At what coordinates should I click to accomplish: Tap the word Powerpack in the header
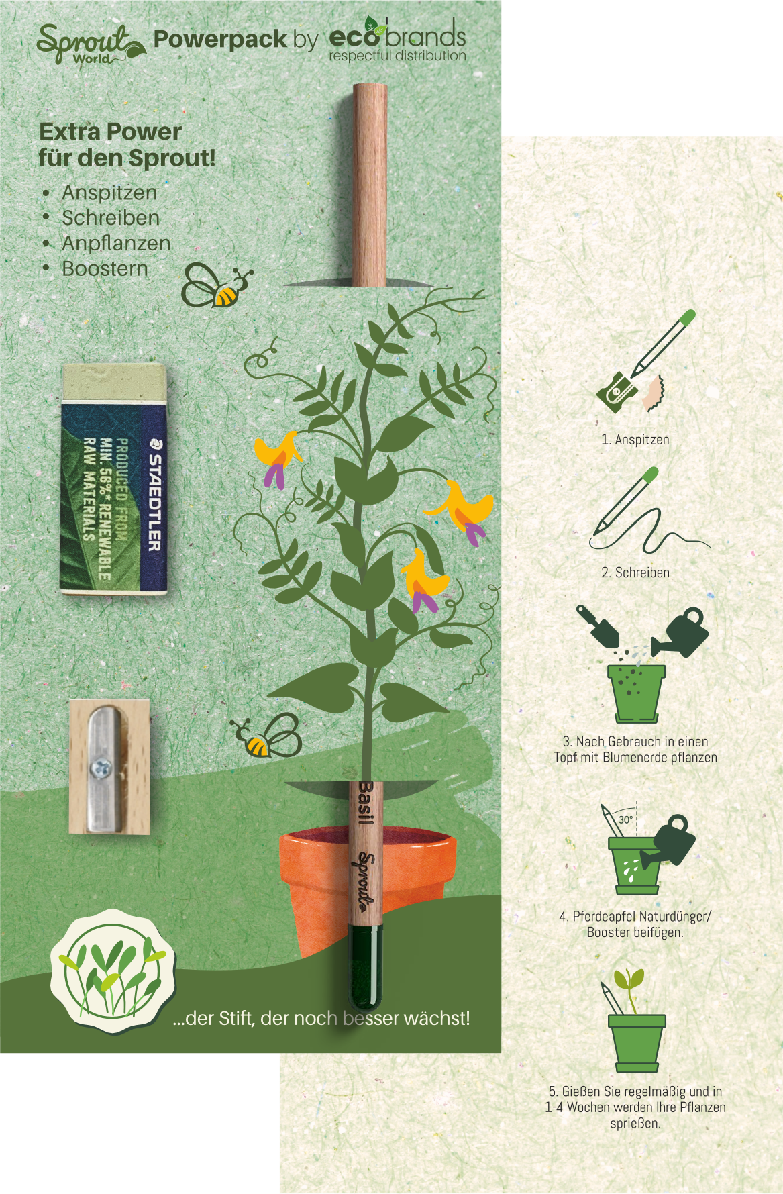220,40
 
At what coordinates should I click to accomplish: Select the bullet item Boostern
105,268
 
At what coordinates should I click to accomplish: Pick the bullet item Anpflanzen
116,243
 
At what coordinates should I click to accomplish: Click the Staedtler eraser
114,479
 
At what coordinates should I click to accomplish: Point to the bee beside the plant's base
268,736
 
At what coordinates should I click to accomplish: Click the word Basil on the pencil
366,803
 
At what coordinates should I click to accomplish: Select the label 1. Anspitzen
635,440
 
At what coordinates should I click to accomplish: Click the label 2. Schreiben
635,573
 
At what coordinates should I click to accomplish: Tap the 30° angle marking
625,819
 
